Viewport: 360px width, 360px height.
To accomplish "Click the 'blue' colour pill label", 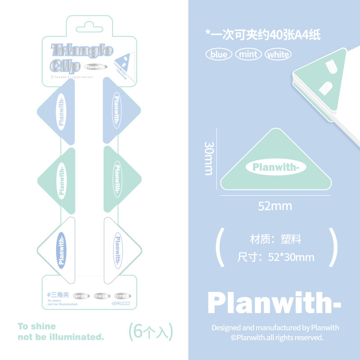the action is point(219,54).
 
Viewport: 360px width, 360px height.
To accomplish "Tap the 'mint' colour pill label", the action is point(248,54).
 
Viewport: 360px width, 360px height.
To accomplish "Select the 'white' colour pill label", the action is point(278,54).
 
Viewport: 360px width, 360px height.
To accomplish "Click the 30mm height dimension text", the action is point(209,158).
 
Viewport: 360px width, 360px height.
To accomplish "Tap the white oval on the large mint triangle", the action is point(276,168).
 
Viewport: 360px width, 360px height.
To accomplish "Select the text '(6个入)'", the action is point(150,332).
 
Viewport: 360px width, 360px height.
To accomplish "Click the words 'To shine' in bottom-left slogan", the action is point(37,326).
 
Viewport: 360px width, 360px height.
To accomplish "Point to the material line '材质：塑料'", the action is point(275,239).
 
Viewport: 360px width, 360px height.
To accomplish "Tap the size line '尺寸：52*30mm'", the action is point(275,258).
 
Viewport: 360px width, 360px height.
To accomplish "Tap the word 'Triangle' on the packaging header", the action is point(82,50).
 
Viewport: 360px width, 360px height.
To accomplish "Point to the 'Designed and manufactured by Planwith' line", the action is point(275,328).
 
